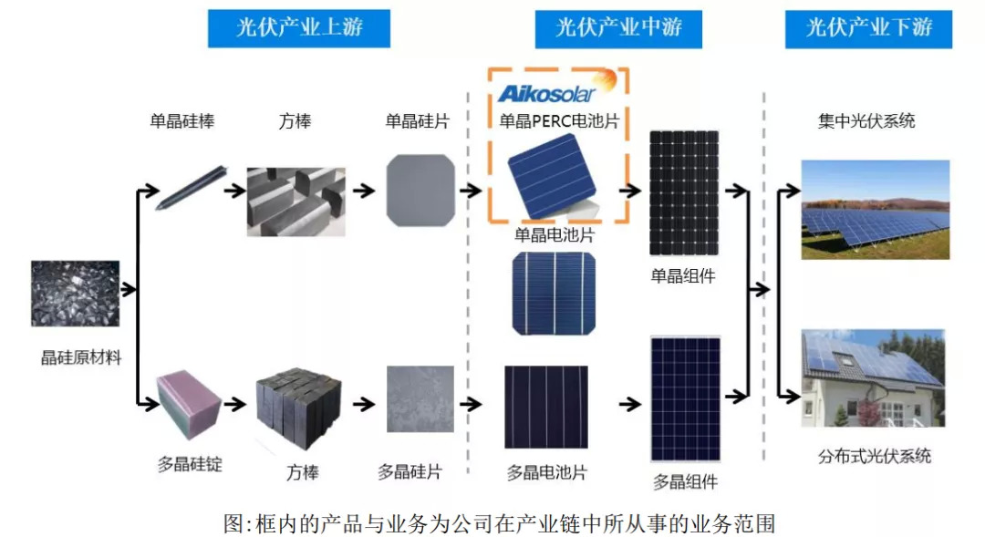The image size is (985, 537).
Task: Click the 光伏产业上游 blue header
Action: (299, 27)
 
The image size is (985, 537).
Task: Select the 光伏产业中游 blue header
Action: (619, 27)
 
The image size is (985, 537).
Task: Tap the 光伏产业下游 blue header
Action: (868, 27)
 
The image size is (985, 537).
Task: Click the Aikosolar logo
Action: (545, 91)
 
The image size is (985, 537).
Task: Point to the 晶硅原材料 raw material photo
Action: (75, 294)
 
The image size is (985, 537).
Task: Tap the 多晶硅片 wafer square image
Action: (420, 399)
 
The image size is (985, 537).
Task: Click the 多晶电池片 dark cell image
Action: (546, 407)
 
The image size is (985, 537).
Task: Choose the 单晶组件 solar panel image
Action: (683, 193)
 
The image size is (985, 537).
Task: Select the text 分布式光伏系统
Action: (874, 456)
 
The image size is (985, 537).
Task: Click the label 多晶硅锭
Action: (190, 464)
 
